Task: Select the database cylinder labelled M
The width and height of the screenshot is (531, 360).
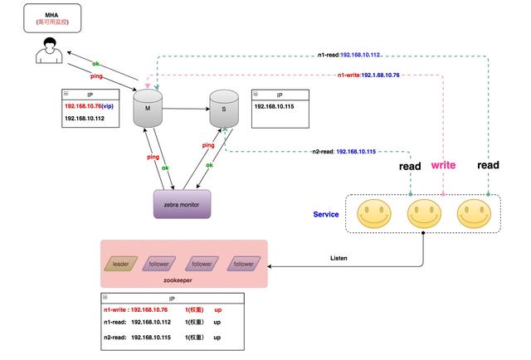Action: (x=149, y=108)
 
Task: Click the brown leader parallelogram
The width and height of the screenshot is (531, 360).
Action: (x=121, y=264)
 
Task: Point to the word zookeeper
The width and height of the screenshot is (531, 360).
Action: (x=184, y=281)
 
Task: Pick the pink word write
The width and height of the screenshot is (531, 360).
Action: (x=443, y=165)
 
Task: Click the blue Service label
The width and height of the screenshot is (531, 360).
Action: (x=326, y=214)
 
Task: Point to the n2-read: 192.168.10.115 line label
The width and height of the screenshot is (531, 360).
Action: (x=343, y=152)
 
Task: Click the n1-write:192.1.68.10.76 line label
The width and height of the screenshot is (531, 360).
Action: (x=368, y=75)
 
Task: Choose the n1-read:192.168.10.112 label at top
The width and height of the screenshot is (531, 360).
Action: (x=348, y=56)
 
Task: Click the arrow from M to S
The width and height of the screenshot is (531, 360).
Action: (x=186, y=109)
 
